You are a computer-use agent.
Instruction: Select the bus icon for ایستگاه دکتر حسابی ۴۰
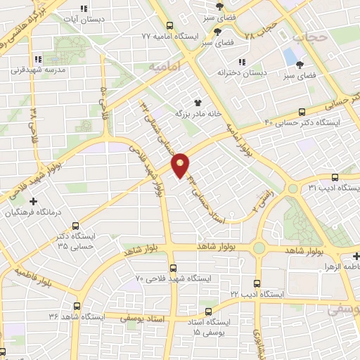302,111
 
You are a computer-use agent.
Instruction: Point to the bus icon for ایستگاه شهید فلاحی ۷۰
174,267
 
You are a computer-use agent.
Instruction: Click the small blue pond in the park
290,55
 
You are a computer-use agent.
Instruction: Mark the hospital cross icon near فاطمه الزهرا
356,257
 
